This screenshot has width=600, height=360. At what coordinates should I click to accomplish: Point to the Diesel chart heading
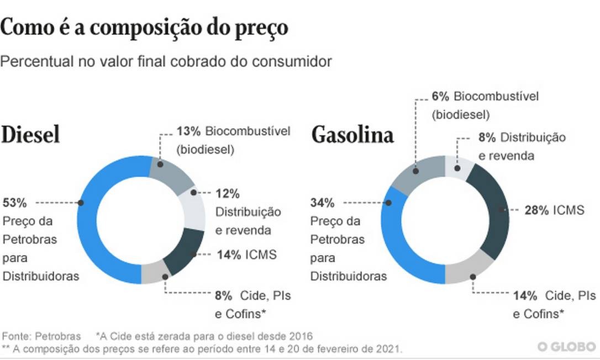[x=30, y=135]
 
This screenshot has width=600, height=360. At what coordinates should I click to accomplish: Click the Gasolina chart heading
[x=352, y=135]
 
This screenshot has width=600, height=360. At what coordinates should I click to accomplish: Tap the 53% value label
[x=14, y=203]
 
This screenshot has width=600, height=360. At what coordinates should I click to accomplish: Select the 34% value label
[x=322, y=203]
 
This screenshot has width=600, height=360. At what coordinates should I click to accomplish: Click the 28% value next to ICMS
[x=536, y=210]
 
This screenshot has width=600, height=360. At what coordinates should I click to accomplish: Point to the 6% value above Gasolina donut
[x=440, y=96]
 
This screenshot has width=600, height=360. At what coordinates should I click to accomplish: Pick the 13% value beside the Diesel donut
[x=188, y=131]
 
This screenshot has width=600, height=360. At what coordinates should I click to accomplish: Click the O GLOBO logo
[x=567, y=347]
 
